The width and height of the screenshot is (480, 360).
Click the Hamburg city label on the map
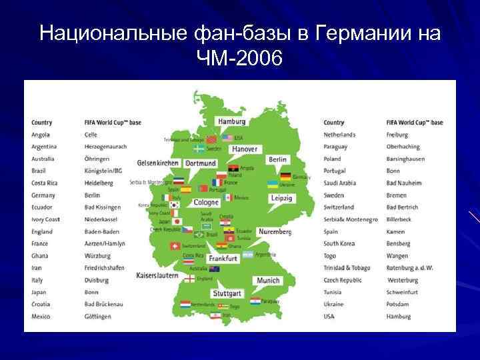pyautogui.click(x=232, y=122)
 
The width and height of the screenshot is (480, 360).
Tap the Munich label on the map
pyautogui.click(x=268, y=281)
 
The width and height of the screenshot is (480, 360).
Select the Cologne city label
pyautogui.click(x=206, y=203)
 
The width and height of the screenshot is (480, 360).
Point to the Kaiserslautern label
pyautogui.click(x=157, y=275)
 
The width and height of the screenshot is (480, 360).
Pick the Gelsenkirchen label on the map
pyautogui.click(x=158, y=163)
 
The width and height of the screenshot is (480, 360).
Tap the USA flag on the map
pyautogui.click(x=228, y=138)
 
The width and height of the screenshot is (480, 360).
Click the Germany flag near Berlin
pyautogui.click(x=285, y=177)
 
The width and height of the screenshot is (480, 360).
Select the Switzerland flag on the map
pyautogui.click(x=175, y=246)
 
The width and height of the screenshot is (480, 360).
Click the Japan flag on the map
pyautogui.click(x=175, y=222)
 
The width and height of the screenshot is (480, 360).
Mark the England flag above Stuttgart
pyautogui.click(x=191, y=278)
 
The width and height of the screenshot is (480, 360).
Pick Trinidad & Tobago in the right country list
pyautogui.click(x=347, y=268)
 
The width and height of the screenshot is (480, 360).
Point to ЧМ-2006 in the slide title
pyautogui.click(x=240, y=60)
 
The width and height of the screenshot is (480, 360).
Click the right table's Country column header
pyautogui.click(x=334, y=123)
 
